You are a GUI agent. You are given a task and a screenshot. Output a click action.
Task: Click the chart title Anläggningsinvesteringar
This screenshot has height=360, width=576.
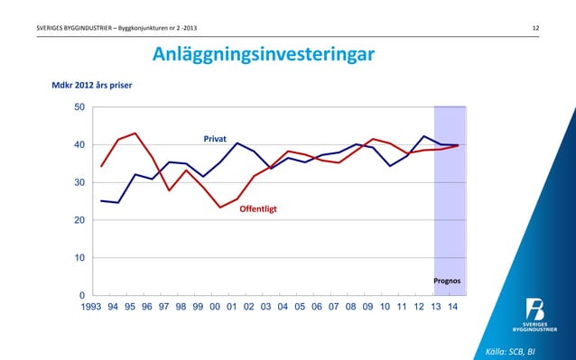(x=262, y=56)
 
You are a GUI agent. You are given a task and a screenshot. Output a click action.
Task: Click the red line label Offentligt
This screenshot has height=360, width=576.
(x=257, y=209)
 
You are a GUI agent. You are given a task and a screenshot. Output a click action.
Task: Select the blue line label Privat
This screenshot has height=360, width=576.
(x=214, y=140)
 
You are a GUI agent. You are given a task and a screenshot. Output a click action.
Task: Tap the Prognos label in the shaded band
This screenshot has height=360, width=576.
(x=449, y=281)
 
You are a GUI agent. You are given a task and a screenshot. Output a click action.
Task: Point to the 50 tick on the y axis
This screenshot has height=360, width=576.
(x=80, y=107)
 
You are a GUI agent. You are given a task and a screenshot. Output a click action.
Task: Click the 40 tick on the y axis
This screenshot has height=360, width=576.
(x=80, y=145)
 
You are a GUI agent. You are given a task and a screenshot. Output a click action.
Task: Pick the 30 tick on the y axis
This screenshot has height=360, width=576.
(x=80, y=183)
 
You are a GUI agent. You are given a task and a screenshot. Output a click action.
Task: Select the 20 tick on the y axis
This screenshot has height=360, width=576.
(x=80, y=220)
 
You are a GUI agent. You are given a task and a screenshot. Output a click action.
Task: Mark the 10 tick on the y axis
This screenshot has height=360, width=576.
(x=80, y=258)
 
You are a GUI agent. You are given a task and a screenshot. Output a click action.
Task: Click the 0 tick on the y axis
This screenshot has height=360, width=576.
(x=83, y=295)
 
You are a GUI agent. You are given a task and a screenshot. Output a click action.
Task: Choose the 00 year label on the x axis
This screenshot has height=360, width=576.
(x=215, y=308)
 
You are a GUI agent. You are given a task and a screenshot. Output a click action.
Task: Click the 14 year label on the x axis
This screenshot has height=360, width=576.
(x=452, y=308)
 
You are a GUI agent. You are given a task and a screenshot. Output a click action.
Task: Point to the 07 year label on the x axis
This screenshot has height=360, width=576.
(x=334, y=308)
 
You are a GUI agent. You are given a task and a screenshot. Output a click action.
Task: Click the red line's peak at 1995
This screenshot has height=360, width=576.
(x=135, y=134)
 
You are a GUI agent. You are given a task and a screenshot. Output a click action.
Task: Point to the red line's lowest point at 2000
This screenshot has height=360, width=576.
(x=219, y=208)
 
